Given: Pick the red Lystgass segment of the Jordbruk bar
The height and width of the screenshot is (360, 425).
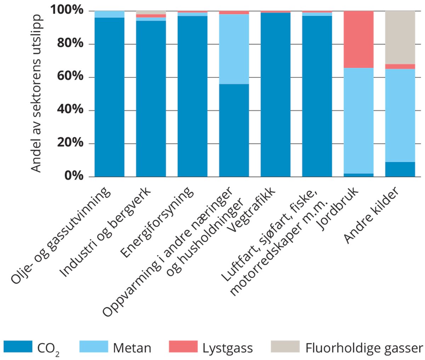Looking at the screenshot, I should (358, 39).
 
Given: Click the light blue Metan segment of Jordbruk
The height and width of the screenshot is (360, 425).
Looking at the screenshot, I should (358, 120).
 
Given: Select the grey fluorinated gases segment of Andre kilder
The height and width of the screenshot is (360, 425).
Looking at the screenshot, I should (400, 37).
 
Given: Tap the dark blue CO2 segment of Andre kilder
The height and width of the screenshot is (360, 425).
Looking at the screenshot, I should (400, 169).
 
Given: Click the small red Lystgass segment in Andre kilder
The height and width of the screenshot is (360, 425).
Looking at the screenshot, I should (400, 67).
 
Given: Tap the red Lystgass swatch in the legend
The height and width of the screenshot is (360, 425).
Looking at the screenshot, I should (183, 347).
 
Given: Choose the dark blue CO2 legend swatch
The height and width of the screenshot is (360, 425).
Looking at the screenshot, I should (18, 347).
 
